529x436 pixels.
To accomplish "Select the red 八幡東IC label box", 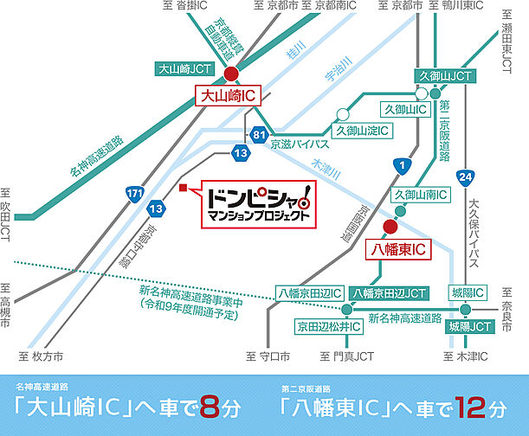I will [x=394, y=249].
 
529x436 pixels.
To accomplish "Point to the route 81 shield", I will [x=258, y=136].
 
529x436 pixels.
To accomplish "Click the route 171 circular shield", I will [x=134, y=196].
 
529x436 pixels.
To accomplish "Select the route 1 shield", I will [x=399, y=164].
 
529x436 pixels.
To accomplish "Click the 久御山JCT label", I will [x=445, y=75].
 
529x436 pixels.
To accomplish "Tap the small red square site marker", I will [x=183, y=187].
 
